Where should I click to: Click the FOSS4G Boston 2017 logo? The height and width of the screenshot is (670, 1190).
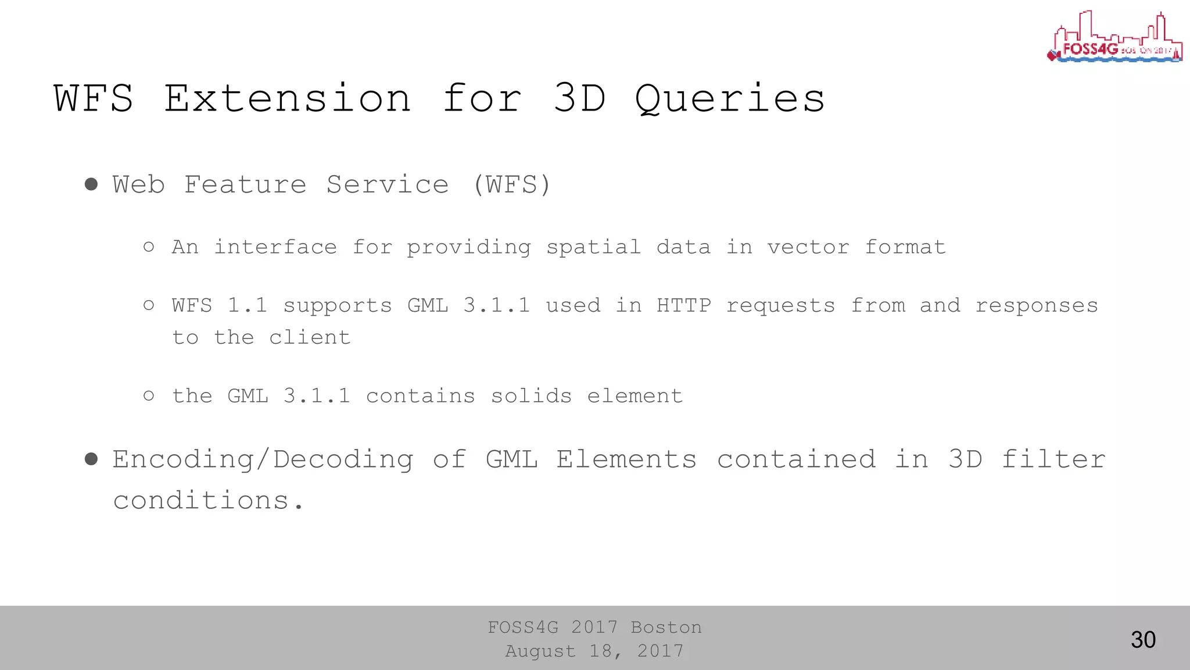tap(1114, 37)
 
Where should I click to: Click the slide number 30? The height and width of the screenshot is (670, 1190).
tap(1143, 640)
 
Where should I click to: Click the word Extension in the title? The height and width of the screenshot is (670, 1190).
tap(288, 98)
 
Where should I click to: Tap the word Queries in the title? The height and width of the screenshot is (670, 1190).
tap(730, 98)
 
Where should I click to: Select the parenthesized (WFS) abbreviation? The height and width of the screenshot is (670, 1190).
tap(511, 185)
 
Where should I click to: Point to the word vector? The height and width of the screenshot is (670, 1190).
tap(808, 247)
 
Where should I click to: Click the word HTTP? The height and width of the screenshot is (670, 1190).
tap(683, 305)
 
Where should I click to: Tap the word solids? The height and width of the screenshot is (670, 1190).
tap(531, 396)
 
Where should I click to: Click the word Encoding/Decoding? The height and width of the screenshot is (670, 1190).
tap(263, 460)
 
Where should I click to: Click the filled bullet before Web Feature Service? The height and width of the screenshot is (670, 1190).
tap(91, 184)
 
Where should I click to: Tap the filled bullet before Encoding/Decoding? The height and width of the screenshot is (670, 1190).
tap(91, 459)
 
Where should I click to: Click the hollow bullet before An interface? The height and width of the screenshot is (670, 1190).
tap(149, 247)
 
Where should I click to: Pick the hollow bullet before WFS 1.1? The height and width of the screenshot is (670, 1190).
tap(149, 305)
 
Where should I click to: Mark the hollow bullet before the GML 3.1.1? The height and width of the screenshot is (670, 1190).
tap(149, 396)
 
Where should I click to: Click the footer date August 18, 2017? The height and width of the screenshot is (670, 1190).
tap(594, 651)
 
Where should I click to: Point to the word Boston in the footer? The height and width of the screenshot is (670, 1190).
tap(666, 628)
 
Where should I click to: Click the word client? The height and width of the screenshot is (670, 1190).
tap(310, 337)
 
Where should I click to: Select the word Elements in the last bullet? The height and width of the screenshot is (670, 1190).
tap(626, 459)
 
